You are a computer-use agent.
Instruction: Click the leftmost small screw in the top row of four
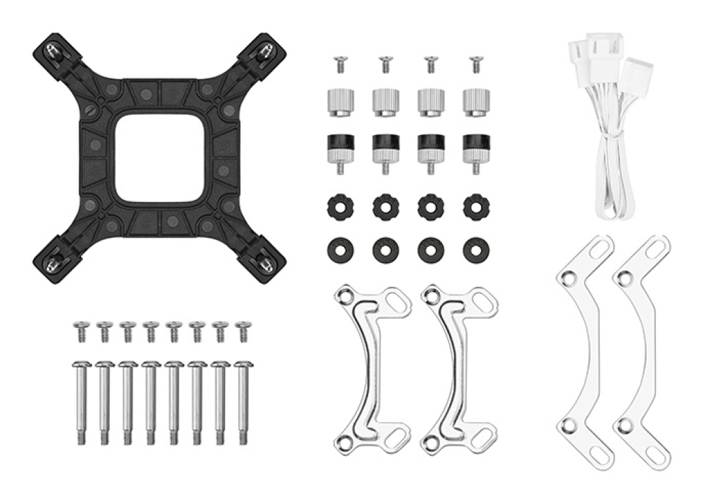pos(340,63)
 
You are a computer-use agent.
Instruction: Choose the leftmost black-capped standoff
pos(340,149)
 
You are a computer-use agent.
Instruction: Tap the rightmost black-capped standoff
pos(476,149)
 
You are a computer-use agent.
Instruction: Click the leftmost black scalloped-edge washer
pos(340,206)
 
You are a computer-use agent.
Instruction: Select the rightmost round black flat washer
pos(476,249)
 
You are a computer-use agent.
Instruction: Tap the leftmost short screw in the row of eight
pos(81,330)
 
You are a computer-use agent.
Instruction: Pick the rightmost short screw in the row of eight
pos(243,330)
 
